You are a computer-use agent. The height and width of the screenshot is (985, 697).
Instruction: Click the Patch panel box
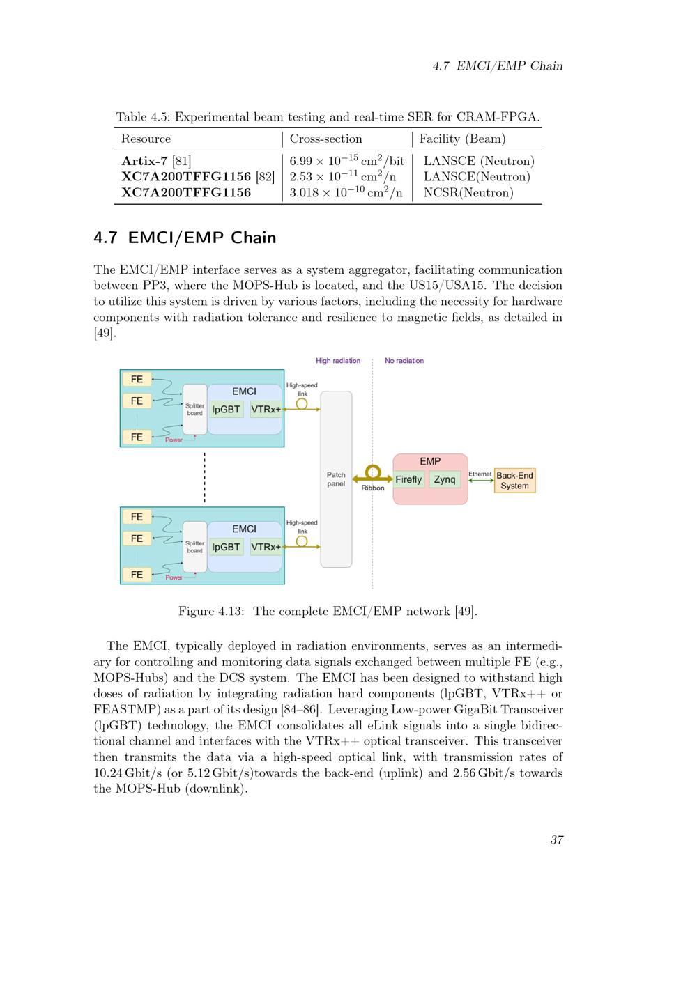coord(336,479)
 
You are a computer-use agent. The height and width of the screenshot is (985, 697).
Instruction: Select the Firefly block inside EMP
coord(408,479)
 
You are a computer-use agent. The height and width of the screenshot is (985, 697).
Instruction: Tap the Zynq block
coord(445,479)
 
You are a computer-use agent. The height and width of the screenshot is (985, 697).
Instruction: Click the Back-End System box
coord(514,481)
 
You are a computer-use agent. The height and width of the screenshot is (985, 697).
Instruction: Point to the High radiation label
coord(338,361)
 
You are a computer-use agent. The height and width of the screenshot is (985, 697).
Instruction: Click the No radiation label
coord(404,361)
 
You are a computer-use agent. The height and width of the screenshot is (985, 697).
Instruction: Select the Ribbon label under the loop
coord(373,488)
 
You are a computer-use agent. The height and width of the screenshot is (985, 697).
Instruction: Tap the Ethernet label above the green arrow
coord(480,474)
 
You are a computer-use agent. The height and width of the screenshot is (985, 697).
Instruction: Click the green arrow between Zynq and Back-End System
coord(481,481)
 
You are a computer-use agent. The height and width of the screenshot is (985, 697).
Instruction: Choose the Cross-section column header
coord(326,139)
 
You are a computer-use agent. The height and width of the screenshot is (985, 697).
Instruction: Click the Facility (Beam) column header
coord(462,139)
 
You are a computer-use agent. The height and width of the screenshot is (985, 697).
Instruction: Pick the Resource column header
coord(146,139)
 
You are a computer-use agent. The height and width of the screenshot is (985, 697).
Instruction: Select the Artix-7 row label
coord(144,161)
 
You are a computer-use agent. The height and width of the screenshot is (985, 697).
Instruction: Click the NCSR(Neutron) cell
coord(468,193)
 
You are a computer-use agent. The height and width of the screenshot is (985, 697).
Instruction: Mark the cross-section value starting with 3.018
coord(346,193)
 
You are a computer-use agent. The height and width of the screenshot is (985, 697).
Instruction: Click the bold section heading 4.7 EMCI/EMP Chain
coord(185,238)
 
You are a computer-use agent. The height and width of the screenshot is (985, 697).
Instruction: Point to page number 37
coord(556,839)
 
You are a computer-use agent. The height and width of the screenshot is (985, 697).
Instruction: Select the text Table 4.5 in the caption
coord(142,117)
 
